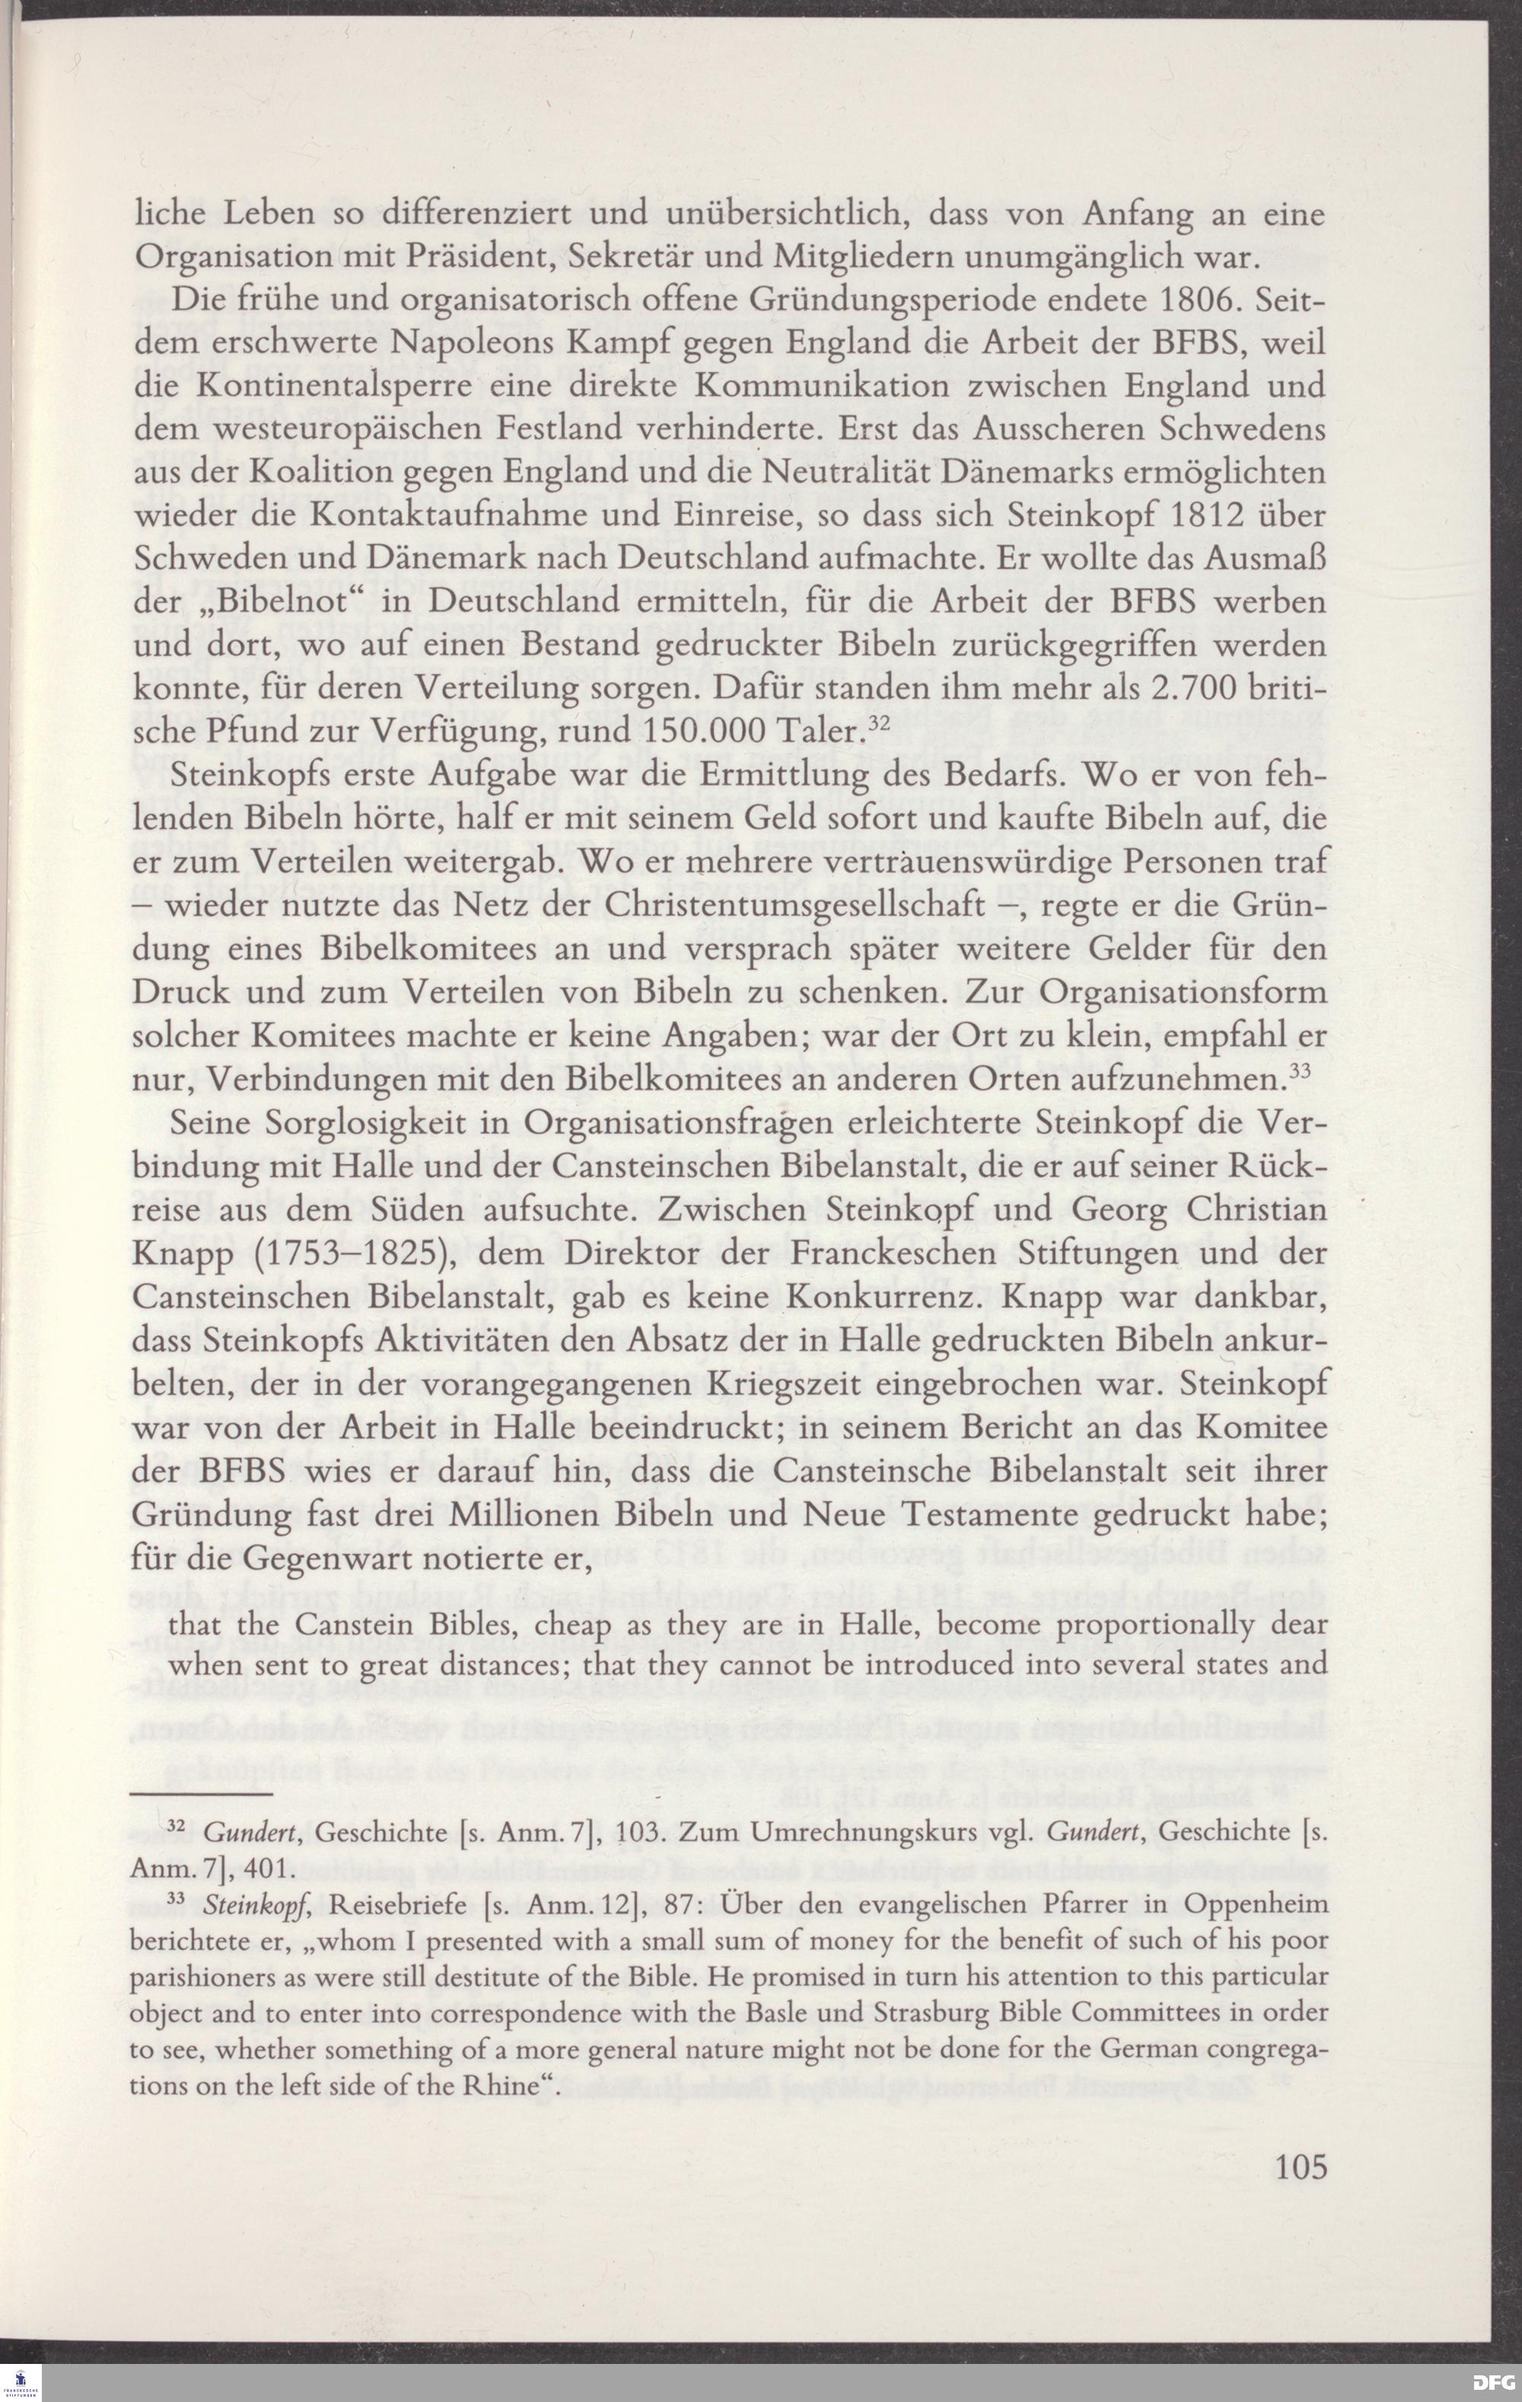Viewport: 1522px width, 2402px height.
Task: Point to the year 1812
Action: click(1226, 517)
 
